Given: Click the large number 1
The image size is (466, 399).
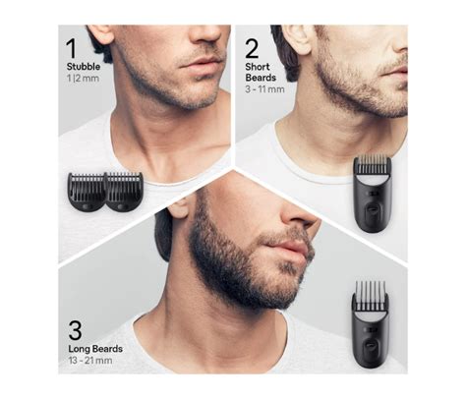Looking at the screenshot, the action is pyautogui.click(x=72, y=48).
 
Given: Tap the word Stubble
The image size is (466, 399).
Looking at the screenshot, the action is pyautogui.click(x=84, y=67).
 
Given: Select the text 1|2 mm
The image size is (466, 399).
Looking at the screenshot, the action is pyautogui.click(x=83, y=79).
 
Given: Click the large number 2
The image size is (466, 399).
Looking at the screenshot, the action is pyautogui.click(x=252, y=49).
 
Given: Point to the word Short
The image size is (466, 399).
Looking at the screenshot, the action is pyautogui.click(x=258, y=67).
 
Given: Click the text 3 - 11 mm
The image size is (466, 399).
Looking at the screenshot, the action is pyautogui.click(x=264, y=89).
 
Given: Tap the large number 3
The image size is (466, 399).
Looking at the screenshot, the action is pyautogui.click(x=75, y=330).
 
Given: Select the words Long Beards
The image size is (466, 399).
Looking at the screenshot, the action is pyautogui.click(x=95, y=349).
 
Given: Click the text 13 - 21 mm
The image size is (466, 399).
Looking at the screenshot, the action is pyautogui.click(x=90, y=361).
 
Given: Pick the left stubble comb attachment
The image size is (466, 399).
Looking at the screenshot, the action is pyautogui.click(x=87, y=192).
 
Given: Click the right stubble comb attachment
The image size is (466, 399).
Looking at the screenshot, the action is pyautogui.click(x=124, y=192).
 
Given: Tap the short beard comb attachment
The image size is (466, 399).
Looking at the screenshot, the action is pyautogui.click(x=373, y=194).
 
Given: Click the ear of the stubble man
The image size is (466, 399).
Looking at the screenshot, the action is pyautogui.click(x=101, y=33).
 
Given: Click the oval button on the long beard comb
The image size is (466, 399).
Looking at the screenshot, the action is pyautogui.click(x=370, y=345).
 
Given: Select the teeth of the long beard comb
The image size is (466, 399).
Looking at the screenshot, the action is pyautogui.click(x=371, y=295).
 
